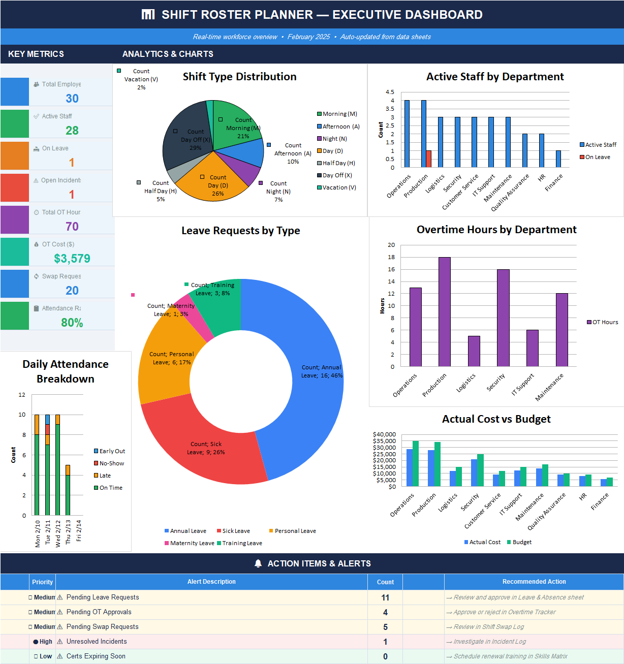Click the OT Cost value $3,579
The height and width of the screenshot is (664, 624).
(x=72, y=259)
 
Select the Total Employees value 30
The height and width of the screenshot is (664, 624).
(x=72, y=99)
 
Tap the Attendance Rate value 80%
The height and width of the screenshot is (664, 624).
(x=72, y=323)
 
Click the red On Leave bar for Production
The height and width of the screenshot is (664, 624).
(x=428, y=159)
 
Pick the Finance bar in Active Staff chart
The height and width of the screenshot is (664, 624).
(x=558, y=159)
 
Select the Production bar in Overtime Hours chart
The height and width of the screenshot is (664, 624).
(x=444, y=311)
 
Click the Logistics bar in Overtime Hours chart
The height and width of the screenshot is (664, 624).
(x=474, y=351)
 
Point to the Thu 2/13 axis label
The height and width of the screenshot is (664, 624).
(x=68, y=532)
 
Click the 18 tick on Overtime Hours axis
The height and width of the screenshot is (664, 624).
(x=391, y=257)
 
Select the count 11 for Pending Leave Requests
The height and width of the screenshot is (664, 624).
(x=385, y=597)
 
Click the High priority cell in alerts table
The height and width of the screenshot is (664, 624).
(x=43, y=642)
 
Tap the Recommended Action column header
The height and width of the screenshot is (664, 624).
(x=534, y=582)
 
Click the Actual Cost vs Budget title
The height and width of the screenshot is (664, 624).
(x=496, y=419)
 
